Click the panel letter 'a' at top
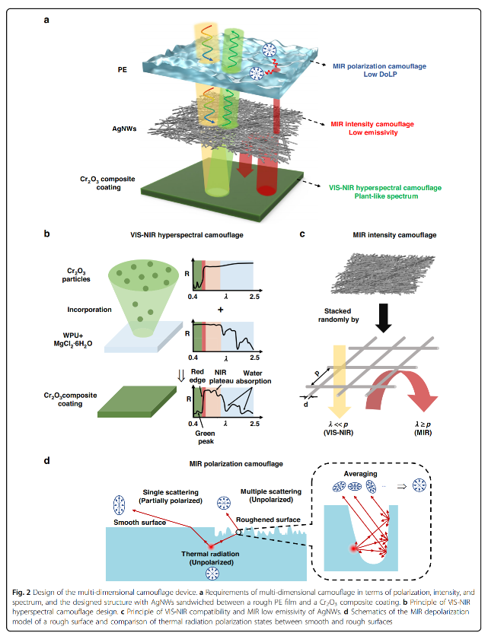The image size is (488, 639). (x=47, y=20)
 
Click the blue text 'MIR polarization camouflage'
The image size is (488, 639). (x=377, y=65)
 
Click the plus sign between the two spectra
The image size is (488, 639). (x=222, y=310)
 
